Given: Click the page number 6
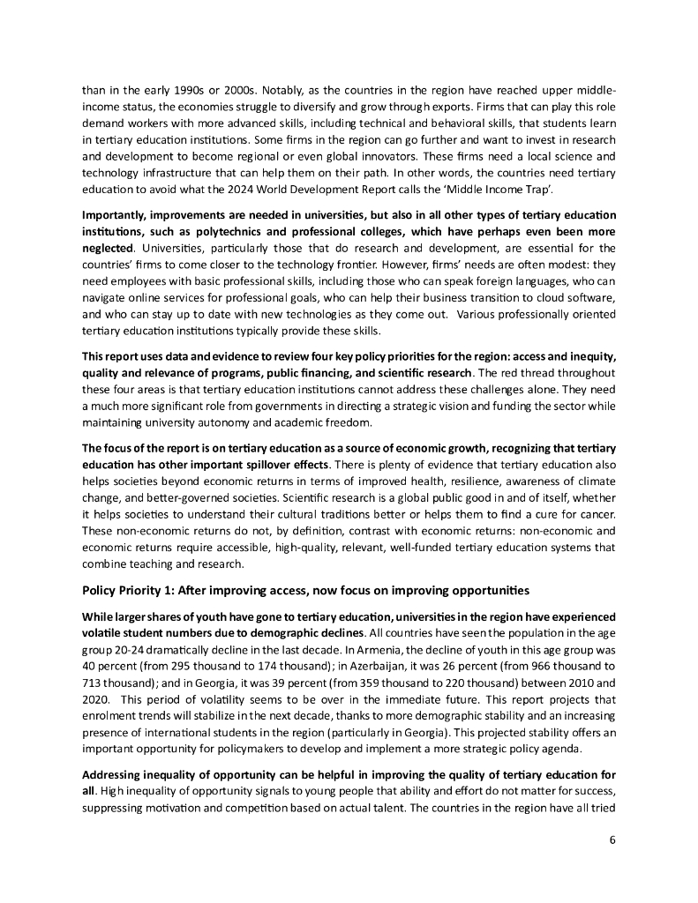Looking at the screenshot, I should (612, 839).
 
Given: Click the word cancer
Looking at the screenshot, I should (596, 515).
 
